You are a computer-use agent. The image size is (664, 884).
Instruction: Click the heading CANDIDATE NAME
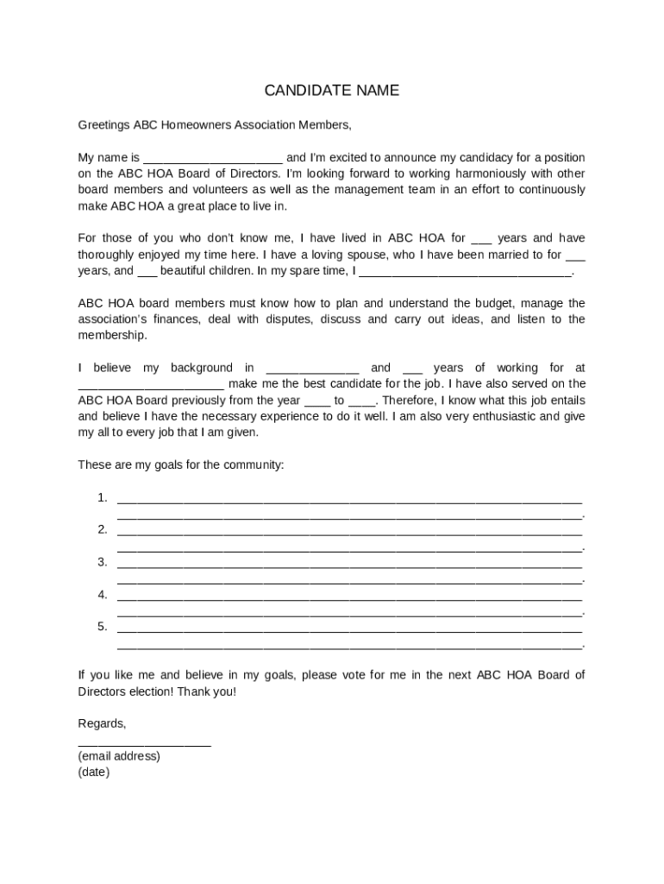pyautogui.click(x=331, y=91)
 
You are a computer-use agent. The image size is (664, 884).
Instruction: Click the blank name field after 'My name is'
pyautogui.click(x=212, y=159)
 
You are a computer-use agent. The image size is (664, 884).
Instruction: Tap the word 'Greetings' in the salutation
pyautogui.click(x=103, y=125)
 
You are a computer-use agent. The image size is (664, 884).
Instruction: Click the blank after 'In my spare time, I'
pyautogui.click(x=465, y=272)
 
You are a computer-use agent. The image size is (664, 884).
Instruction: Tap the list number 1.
pyautogui.click(x=102, y=497)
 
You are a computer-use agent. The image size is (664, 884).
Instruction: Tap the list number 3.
pyautogui.click(x=102, y=562)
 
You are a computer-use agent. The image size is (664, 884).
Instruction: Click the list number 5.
pyautogui.click(x=102, y=627)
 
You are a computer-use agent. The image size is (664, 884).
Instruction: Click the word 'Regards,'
pyautogui.click(x=102, y=723)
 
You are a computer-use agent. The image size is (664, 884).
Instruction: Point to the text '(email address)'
pyautogui.click(x=119, y=756)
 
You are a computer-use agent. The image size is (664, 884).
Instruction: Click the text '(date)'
pyautogui.click(x=94, y=773)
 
